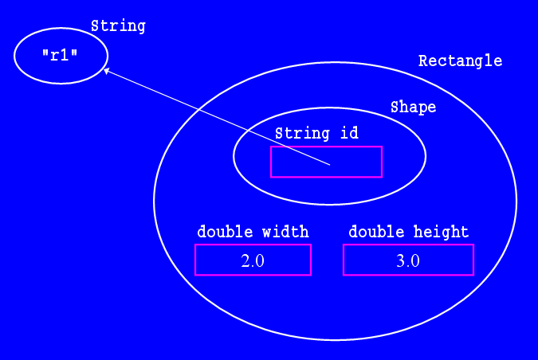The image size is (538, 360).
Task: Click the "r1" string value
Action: point(59,56)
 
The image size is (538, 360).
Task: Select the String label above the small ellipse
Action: point(118,25)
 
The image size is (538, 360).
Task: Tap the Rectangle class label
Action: point(460,61)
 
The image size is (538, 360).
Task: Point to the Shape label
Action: point(413,108)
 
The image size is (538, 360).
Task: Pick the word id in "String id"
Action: point(349,133)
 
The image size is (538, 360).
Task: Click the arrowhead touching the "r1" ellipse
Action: point(107,72)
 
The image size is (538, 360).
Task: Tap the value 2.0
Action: point(253,260)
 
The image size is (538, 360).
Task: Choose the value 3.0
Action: point(408,260)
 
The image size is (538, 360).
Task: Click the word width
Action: point(286,232)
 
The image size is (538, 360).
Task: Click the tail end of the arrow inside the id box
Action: point(330,165)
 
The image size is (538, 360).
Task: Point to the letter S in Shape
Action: point(395,108)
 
